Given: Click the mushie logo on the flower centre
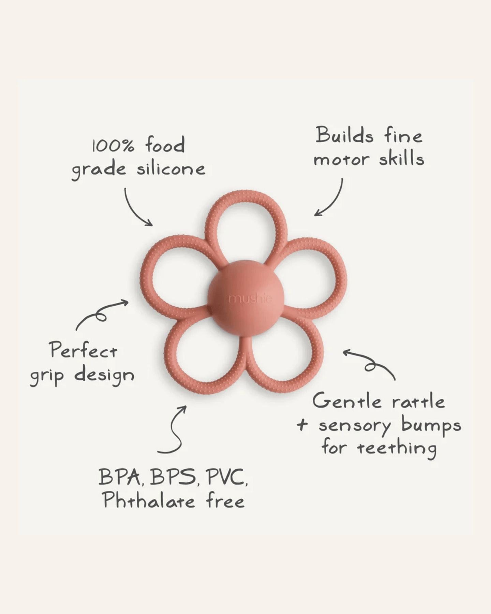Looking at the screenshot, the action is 250,299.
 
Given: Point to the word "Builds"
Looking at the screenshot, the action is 344,135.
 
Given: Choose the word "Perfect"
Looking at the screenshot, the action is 83,350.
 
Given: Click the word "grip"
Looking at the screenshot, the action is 47,376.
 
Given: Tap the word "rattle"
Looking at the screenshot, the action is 418,401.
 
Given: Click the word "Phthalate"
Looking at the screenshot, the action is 149,501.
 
